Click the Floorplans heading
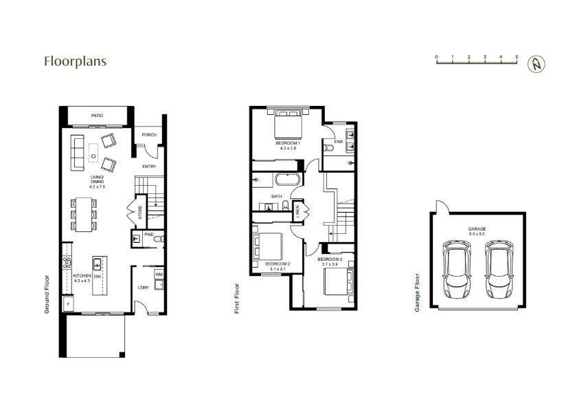(x=75, y=61)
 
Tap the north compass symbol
(x=536, y=64)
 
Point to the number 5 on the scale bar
(x=517, y=56)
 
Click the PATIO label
(x=96, y=116)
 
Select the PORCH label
(x=149, y=135)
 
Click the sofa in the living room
(x=77, y=152)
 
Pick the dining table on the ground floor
(x=84, y=214)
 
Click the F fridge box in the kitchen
(x=69, y=303)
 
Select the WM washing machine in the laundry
(x=159, y=275)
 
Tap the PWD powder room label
(x=148, y=234)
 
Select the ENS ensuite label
(x=338, y=142)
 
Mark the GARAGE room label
(x=477, y=228)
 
